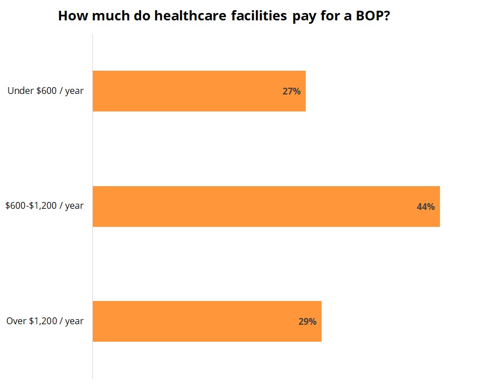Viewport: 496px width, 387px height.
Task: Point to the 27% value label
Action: (291, 91)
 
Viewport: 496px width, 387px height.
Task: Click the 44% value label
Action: (425, 207)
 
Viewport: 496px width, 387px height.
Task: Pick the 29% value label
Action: (307, 321)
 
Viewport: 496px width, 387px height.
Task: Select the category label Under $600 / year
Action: (45, 91)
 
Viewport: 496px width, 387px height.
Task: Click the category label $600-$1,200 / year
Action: (44, 206)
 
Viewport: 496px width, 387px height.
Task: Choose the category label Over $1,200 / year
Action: (45, 321)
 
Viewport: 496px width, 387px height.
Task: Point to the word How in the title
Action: (71, 16)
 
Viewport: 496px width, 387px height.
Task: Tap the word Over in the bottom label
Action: (16, 321)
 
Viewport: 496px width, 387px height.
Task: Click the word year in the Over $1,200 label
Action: (74, 321)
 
